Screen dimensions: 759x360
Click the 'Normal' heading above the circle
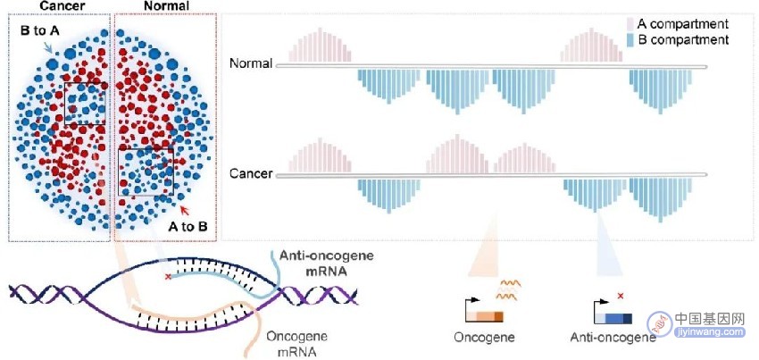click(x=163, y=5)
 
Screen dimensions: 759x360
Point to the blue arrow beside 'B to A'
click(x=48, y=47)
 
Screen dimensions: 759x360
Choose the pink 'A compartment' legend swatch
click(x=630, y=24)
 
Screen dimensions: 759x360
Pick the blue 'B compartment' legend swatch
click(x=630, y=39)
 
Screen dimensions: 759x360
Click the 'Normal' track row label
click(x=251, y=63)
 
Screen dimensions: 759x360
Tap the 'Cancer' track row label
click(x=251, y=173)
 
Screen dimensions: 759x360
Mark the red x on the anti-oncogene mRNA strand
click(x=168, y=277)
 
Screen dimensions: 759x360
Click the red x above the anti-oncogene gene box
click(x=621, y=296)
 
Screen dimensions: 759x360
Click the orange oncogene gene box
click(x=485, y=317)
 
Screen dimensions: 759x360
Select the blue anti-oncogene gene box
click(x=613, y=318)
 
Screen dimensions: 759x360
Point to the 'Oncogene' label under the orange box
click(x=484, y=337)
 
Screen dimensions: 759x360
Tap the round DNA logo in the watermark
click(x=660, y=323)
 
